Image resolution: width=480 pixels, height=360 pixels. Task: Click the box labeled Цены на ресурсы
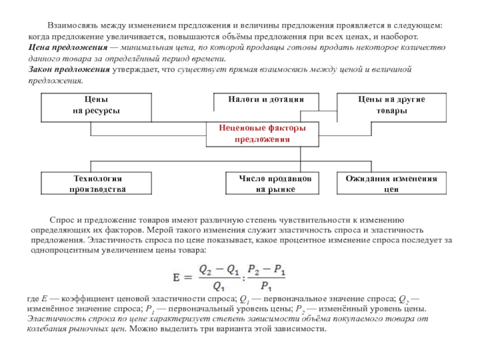tap(96, 107)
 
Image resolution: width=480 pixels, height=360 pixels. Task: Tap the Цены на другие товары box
tap(392, 107)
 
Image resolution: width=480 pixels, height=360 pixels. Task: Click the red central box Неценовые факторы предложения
tap(262, 134)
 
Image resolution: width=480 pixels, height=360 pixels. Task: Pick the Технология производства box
tap(96, 183)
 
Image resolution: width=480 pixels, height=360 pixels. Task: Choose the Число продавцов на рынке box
tap(272, 183)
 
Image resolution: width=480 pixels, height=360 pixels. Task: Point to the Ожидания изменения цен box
tap(392, 183)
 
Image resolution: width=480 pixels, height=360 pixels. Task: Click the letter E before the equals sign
tap(176, 278)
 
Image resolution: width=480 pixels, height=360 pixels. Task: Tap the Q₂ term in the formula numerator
tap(205, 269)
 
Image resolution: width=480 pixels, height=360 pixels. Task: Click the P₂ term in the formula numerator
tap(253, 269)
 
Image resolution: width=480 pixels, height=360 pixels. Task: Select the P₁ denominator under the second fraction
tap(266, 286)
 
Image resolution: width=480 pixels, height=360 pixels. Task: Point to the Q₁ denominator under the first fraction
tap(218, 286)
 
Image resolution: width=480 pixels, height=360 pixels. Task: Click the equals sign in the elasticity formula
tap(188, 278)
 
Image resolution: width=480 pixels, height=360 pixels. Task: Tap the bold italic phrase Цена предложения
tap(68, 48)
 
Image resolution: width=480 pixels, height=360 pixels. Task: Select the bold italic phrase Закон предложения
tap(69, 70)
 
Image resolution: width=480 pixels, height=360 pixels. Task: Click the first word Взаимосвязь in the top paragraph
tap(73, 26)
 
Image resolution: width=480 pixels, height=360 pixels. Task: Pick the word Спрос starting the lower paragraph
tap(62, 220)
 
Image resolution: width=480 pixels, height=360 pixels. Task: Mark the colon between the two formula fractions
tap(244, 278)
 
